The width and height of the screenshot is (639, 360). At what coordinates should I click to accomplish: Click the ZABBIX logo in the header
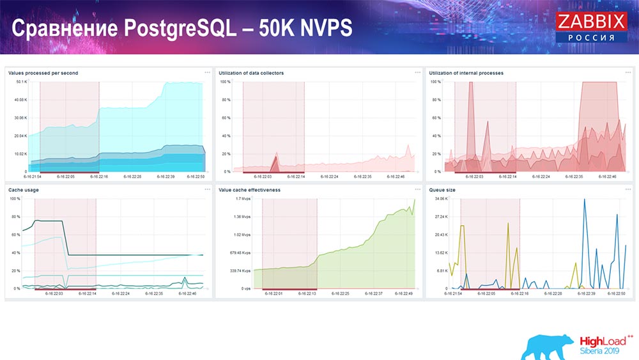(591, 22)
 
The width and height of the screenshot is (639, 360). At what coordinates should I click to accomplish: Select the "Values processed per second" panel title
(43, 74)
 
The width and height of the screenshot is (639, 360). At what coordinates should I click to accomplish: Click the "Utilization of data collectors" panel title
(251, 74)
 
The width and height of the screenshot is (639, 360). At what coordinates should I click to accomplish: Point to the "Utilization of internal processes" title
(466, 74)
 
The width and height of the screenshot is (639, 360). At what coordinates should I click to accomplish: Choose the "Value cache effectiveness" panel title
(249, 190)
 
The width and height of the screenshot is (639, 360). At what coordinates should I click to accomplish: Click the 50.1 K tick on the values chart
(21, 82)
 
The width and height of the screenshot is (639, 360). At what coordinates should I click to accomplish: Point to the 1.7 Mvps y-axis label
(243, 199)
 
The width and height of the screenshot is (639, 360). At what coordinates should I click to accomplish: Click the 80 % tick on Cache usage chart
(16, 217)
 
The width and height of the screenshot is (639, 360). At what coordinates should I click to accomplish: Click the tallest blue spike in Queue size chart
(584, 200)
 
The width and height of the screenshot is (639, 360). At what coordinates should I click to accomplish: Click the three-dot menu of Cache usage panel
(207, 190)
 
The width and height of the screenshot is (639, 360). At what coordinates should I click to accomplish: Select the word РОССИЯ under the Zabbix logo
(591, 38)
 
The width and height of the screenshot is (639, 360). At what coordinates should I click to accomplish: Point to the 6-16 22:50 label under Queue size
(617, 293)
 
